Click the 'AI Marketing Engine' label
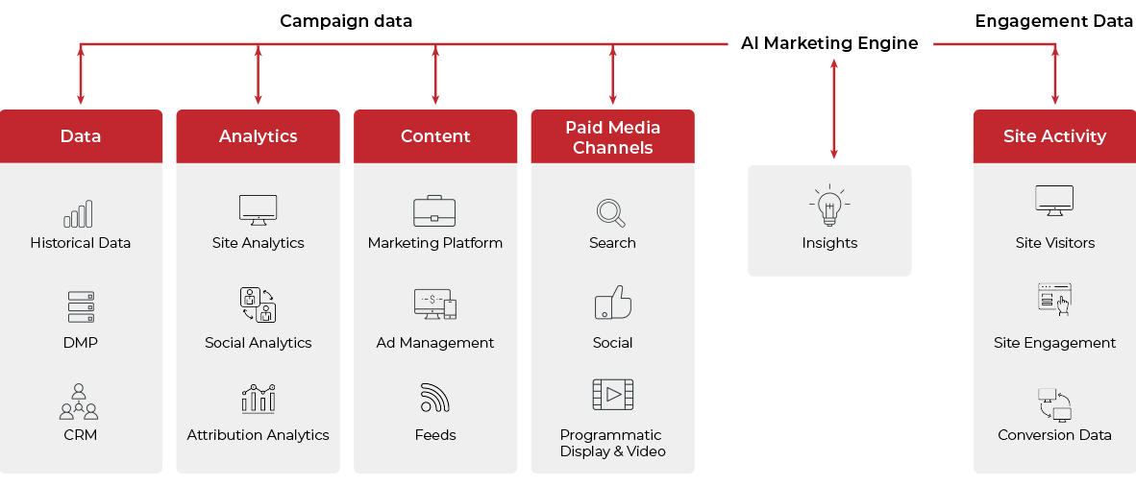click(x=828, y=43)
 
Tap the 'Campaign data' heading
click(x=346, y=20)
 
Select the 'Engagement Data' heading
click(x=1054, y=20)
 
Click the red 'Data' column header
click(x=81, y=136)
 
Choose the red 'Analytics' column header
click(x=258, y=136)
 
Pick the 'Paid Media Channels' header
click(x=612, y=137)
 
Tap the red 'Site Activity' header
click(x=1054, y=136)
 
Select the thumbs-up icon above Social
click(x=612, y=303)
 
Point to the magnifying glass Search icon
click(x=611, y=212)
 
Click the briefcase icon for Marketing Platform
click(x=434, y=210)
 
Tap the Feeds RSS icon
click(x=434, y=397)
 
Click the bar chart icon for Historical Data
click(x=79, y=213)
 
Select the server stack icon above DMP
click(x=81, y=306)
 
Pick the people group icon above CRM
click(x=79, y=402)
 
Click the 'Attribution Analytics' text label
click(x=258, y=435)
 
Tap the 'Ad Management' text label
click(x=434, y=343)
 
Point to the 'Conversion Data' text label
click(x=1054, y=435)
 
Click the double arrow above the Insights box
click(x=833, y=108)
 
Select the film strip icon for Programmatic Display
click(x=612, y=395)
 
